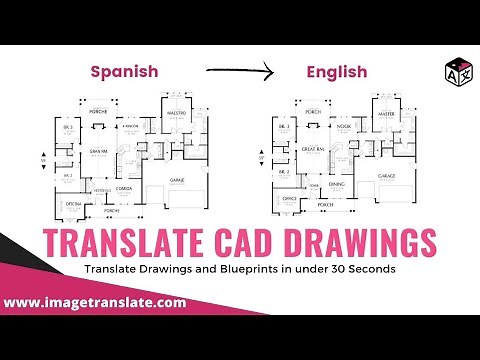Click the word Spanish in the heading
tap(126, 71)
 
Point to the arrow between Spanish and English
tap(239, 71)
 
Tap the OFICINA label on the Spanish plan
tap(73, 203)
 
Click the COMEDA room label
tap(125, 187)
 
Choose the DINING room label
tap(337, 185)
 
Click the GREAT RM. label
tap(312, 149)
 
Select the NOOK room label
tap(343, 127)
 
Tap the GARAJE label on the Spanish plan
tap(177, 180)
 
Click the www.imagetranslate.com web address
tap(95, 301)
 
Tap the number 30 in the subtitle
tap(335, 270)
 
